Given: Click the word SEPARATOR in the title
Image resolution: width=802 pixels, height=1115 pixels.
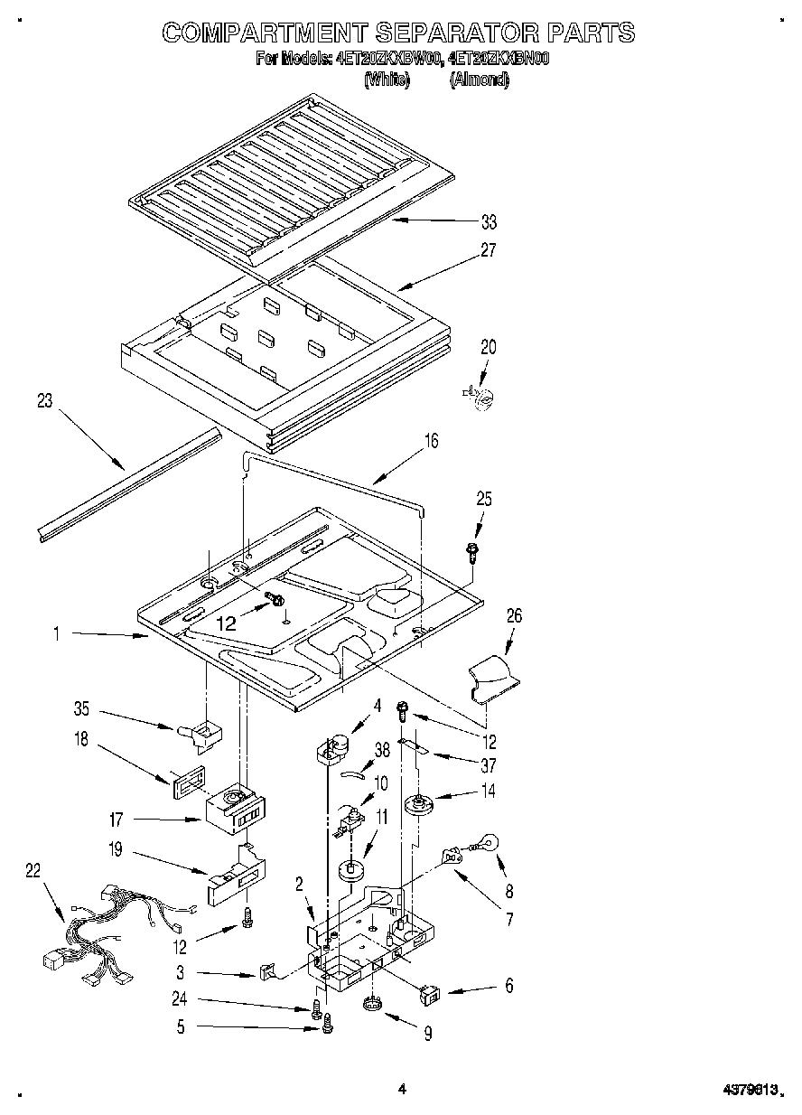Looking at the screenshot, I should (x=449, y=33).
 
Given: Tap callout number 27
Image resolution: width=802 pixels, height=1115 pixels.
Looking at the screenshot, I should (x=488, y=251).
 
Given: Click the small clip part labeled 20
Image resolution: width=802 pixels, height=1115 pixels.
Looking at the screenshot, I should (x=482, y=395).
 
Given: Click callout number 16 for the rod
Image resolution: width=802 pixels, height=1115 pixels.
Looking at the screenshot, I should (x=431, y=441).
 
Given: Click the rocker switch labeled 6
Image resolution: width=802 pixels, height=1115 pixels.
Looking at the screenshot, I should (x=431, y=995).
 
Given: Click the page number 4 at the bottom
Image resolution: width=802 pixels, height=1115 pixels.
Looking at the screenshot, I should (x=402, y=1091).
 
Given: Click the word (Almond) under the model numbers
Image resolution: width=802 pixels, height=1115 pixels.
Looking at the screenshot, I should (x=479, y=80).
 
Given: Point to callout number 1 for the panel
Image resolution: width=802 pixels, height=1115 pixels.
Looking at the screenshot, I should (x=56, y=635).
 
